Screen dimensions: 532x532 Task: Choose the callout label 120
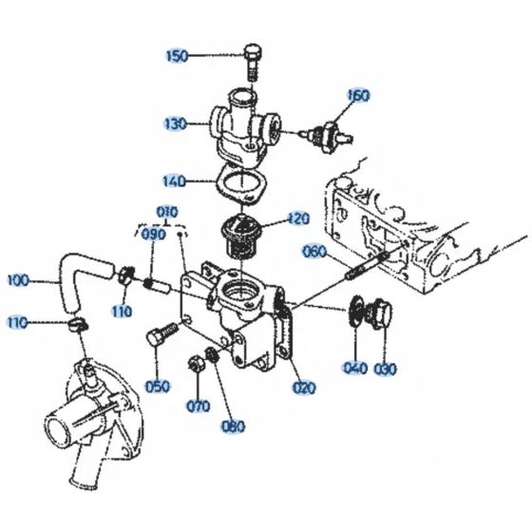pyautogui.click(x=298, y=218)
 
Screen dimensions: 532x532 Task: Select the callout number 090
pyautogui.click(x=153, y=234)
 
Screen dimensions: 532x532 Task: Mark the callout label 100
pyautogui.click(x=18, y=280)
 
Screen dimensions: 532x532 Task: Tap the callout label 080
pyautogui.click(x=232, y=426)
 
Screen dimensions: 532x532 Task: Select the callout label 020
pyautogui.click(x=305, y=387)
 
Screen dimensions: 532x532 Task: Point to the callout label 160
pyautogui.click(x=358, y=96)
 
